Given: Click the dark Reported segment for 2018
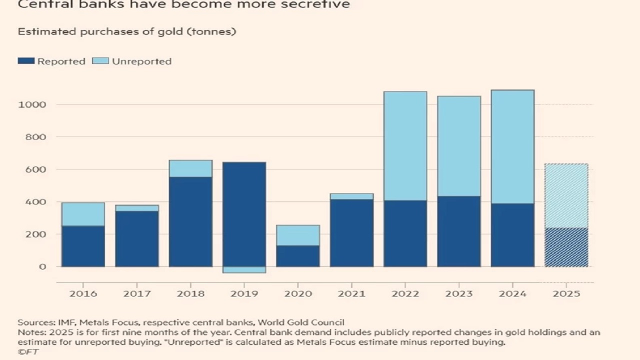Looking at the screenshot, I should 190,221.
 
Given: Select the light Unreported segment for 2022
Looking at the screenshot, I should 405,146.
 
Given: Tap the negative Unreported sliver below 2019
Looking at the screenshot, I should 244,270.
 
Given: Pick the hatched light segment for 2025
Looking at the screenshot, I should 566,195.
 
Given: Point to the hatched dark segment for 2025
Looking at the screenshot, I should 566,247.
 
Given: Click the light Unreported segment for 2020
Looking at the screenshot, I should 298,235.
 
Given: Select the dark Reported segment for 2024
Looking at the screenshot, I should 512,234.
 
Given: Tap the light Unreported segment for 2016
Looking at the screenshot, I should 83,214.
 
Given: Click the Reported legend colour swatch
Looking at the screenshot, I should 26,61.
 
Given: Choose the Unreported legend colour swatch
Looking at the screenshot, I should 100,61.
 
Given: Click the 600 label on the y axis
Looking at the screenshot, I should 36,169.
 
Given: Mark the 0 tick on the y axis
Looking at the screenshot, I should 42,266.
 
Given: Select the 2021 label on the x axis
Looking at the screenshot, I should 351,293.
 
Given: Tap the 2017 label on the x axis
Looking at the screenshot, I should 137,293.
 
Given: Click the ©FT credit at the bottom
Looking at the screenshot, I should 28,351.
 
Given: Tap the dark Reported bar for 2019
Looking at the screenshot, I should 244,214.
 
